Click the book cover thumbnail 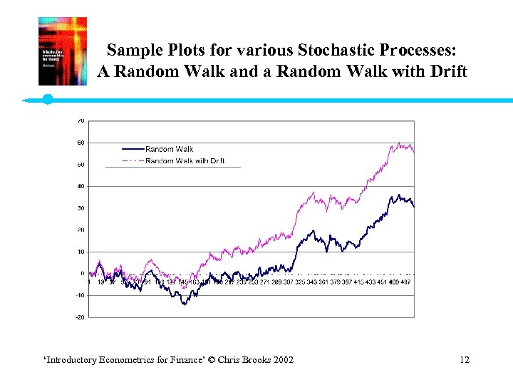[63, 51]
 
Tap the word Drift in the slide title [446, 72]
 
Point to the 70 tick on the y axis [81, 120]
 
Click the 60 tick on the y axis [81, 143]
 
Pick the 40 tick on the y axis [81, 186]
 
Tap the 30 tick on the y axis [81, 208]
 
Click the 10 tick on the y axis [81, 252]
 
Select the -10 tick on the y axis [80, 295]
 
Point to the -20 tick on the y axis [80, 317]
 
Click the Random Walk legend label [170, 149]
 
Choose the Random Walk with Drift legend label [185, 160]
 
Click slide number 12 [465, 359]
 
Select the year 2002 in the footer [281, 359]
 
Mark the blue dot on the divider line [48, 99]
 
